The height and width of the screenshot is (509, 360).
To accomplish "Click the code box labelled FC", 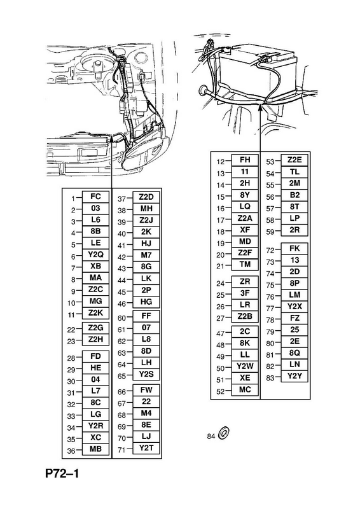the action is coord(96,197).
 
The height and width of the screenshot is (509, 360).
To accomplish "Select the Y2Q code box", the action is coord(96,255).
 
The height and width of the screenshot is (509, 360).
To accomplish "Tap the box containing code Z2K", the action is coord(96,313).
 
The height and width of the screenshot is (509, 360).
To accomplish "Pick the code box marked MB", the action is coord(96,449).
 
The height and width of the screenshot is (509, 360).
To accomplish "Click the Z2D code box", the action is coord(146,197).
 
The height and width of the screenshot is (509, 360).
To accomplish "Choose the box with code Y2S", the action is coord(146,374).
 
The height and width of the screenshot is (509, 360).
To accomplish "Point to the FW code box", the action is coord(146,390).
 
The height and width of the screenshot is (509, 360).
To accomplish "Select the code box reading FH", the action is coord(245,160).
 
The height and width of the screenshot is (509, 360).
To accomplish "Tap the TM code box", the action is coord(245,264).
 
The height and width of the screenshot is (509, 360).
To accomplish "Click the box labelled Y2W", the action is coord(245,366).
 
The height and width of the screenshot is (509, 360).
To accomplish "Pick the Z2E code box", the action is coord(294,160).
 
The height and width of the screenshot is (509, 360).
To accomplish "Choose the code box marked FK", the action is coord(294,249).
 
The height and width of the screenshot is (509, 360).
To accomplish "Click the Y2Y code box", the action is coord(294,376).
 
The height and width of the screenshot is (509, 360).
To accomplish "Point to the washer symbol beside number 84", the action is coord(224,433).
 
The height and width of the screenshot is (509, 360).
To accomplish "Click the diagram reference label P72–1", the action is coord(62,474).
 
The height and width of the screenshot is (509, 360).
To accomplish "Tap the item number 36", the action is coord(71,451).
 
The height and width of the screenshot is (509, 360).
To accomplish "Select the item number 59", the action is coord(270,232).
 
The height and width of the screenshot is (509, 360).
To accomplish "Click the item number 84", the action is coord(211,436).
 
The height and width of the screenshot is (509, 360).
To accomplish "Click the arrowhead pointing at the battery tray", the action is coord(260,108).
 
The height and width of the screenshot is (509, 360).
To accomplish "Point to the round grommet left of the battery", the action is coord(203,90).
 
